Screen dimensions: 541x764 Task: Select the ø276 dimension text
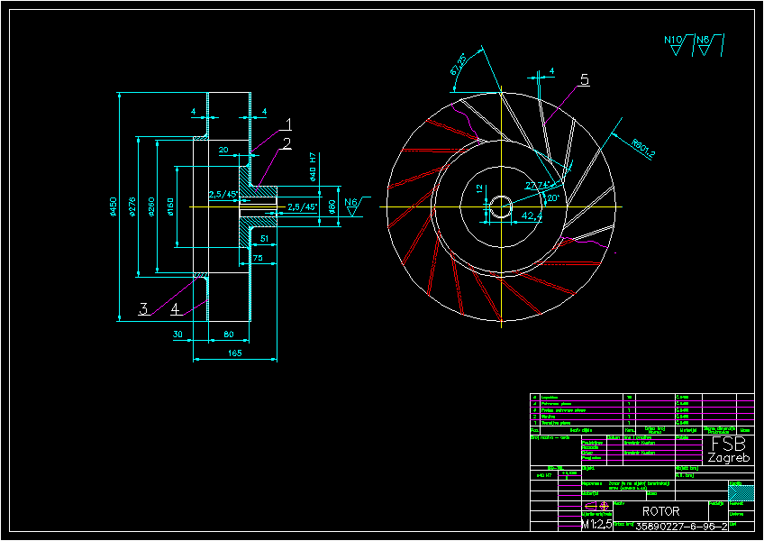[132, 208]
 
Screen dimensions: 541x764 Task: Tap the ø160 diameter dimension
[170, 206]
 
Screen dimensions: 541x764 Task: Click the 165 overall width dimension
[234, 353]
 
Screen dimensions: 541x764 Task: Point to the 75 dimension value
[258, 258]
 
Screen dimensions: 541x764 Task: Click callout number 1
[288, 124]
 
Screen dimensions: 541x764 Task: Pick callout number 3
[143, 308]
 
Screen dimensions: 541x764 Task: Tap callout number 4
[176, 308]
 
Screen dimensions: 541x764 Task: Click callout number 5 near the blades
[584, 80]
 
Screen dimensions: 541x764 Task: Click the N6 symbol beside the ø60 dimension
[351, 205]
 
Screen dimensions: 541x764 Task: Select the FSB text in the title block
[729, 445]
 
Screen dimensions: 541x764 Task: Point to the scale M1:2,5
[596, 524]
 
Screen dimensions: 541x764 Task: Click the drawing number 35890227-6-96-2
[681, 526]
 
